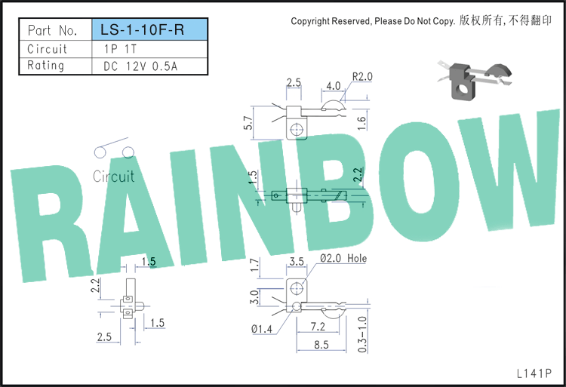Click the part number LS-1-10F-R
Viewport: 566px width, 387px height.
[x=142, y=29]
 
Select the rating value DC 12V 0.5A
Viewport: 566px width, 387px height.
[x=140, y=66]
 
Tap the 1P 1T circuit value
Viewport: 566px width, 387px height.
[x=120, y=49]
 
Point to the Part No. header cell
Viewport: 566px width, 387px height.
[x=53, y=30]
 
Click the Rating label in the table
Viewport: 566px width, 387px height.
[x=46, y=66]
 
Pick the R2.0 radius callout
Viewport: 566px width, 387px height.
[x=362, y=76]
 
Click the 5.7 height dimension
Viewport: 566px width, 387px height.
[x=248, y=123]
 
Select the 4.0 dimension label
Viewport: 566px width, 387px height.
[x=333, y=86]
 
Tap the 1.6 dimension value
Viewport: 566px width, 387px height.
[x=361, y=123]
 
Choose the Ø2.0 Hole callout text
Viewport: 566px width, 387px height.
[x=343, y=258]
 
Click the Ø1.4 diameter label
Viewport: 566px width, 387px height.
[x=262, y=329]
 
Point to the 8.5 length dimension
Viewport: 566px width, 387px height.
[x=321, y=345]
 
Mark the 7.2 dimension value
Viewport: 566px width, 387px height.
[x=318, y=327]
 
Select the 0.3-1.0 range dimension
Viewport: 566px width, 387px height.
[x=362, y=334]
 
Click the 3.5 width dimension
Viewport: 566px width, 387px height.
[x=297, y=262]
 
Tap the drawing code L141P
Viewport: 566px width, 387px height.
[x=534, y=373]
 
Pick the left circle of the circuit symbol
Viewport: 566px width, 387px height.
[x=100, y=152]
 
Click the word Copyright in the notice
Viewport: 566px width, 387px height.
[x=310, y=21]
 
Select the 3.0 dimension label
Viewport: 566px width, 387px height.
[x=254, y=296]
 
